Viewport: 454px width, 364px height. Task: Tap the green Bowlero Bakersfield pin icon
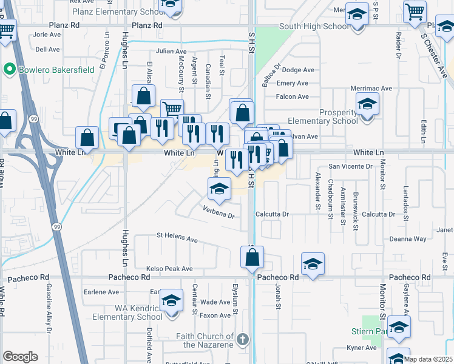click(x=9, y=70)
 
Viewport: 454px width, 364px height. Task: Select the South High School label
click(x=314, y=27)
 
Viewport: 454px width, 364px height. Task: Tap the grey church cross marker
click(x=242, y=340)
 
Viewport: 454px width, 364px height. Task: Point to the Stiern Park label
click(x=369, y=332)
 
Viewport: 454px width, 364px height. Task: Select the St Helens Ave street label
click(x=177, y=237)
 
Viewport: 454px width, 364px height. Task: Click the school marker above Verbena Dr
click(x=219, y=189)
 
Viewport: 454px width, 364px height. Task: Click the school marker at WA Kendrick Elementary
click(x=172, y=302)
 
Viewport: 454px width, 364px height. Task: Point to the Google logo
click(x=20, y=357)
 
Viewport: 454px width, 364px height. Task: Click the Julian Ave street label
click(x=172, y=52)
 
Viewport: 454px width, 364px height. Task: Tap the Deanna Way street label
click(x=408, y=239)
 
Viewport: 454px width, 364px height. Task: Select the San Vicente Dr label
click(x=350, y=166)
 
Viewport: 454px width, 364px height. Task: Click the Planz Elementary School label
click(x=115, y=12)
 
